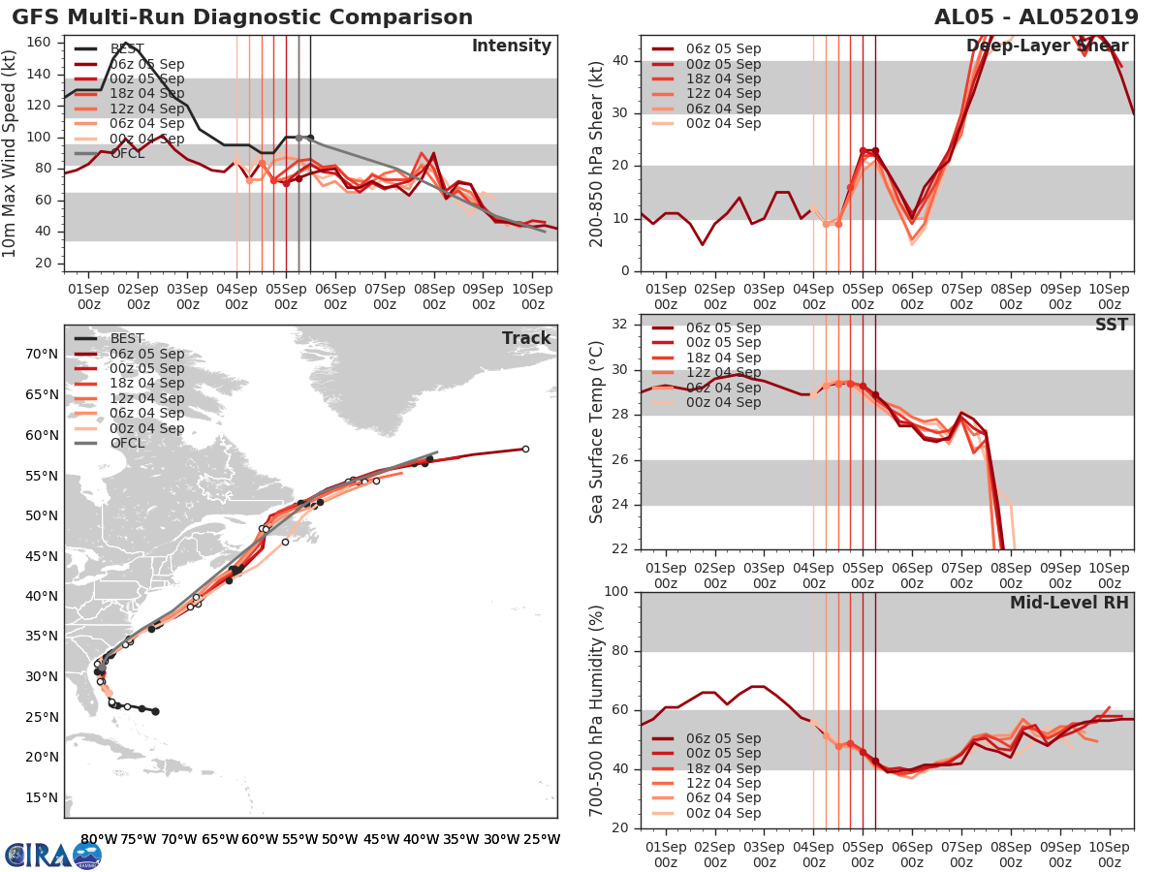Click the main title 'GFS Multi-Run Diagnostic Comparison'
(242, 17)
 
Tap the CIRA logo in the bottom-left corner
(52, 855)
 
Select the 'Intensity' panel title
(511, 47)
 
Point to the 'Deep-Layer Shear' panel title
(1047, 47)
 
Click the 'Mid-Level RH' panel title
(1069, 603)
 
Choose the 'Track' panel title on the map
(525, 338)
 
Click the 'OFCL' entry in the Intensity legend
(126, 153)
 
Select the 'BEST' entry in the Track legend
(127, 338)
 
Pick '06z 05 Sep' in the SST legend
(723, 327)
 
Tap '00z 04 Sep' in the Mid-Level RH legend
(723, 813)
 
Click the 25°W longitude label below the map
(542, 839)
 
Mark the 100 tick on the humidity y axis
(617, 592)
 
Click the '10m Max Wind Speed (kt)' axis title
(10, 155)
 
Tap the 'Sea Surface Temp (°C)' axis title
(596, 432)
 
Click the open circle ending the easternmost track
(525, 449)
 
